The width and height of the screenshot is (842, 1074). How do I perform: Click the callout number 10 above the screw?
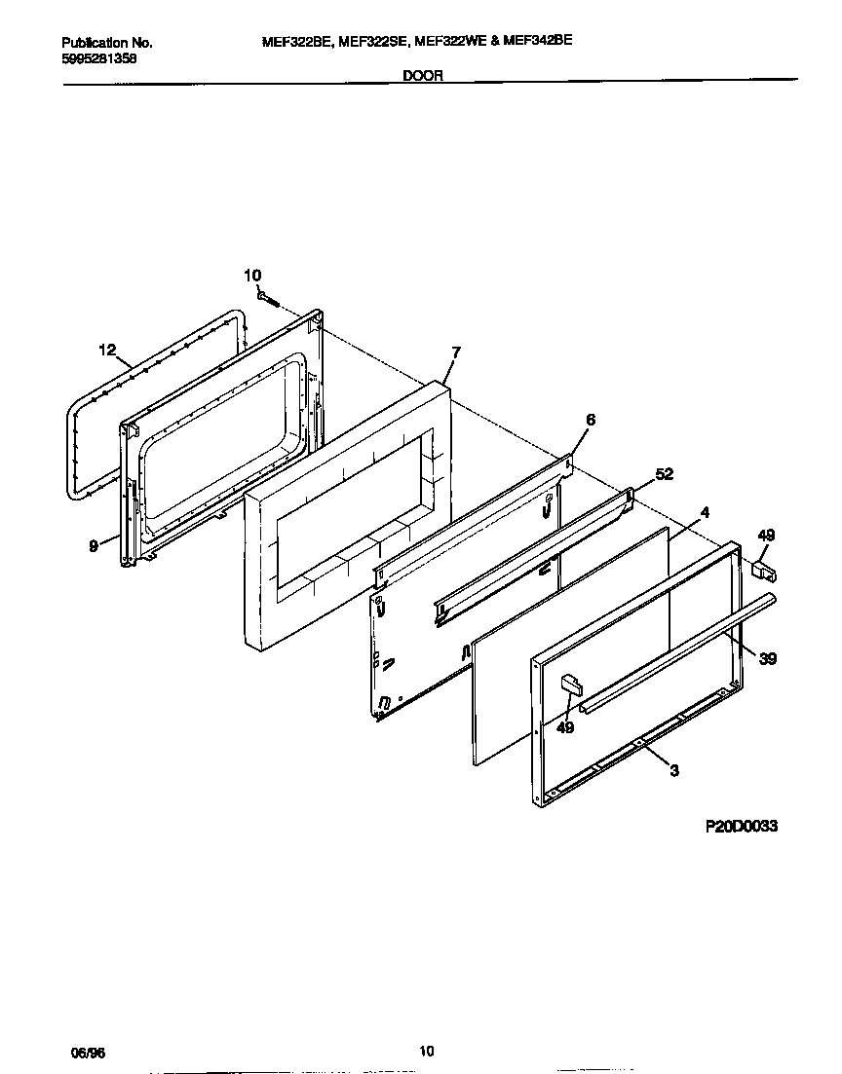pyautogui.click(x=252, y=276)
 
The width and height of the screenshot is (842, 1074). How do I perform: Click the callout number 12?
pyautogui.click(x=107, y=349)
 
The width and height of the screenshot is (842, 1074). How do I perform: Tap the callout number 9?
pyautogui.click(x=94, y=546)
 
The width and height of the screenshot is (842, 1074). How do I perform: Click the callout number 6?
pyautogui.click(x=590, y=420)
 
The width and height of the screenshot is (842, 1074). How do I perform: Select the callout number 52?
pyautogui.click(x=664, y=474)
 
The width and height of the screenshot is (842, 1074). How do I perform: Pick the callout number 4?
pyautogui.click(x=705, y=511)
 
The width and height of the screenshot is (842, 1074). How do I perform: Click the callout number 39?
pyautogui.click(x=768, y=659)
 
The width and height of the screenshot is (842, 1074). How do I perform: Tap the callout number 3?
pyautogui.click(x=673, y=770)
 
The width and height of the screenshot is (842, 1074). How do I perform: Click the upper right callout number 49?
pyautogui.click(x=766, y=535)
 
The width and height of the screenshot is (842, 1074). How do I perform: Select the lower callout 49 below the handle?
pyautogui.click(x=566, y=726)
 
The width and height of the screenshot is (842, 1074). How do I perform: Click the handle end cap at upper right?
pyautogui.click(x=763, y=567)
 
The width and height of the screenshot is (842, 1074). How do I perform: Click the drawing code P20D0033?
pyautogui.click(x=741, y=826)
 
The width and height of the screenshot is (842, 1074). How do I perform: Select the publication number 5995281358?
pyautogui.click(x=99, y=56)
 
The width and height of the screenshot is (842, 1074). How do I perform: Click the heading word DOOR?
pyautogui.click(x=423, y=75)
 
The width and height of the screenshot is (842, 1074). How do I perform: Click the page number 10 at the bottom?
pyautogui.click(x=426, y=1050)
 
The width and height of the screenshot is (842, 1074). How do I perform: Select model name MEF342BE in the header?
pyautogui.click(x=538, y=41)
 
